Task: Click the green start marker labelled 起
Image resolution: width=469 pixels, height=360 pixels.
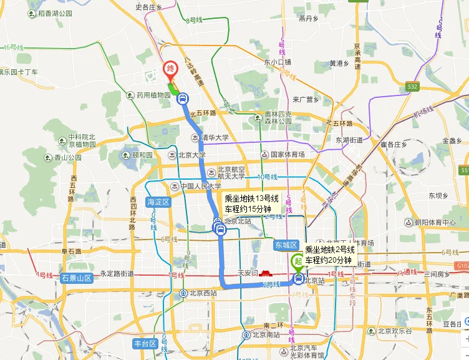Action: tap(299, 262)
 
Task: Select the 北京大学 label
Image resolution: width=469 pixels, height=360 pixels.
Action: tap(191, 155)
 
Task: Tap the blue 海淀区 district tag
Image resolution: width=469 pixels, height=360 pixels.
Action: tap(158, 202)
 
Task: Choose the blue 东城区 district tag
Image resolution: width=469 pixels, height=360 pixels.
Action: tap(286, 245)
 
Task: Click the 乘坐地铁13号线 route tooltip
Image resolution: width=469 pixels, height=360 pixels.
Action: tap(251, 203)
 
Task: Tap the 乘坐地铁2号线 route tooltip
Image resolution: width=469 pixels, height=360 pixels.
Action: tap(329, 255)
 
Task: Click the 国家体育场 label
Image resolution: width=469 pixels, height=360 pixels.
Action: tap(287, 154)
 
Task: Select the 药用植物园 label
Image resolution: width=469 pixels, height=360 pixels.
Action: tap(153, 95)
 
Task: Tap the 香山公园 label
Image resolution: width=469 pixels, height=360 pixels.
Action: tap(67, 158)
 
